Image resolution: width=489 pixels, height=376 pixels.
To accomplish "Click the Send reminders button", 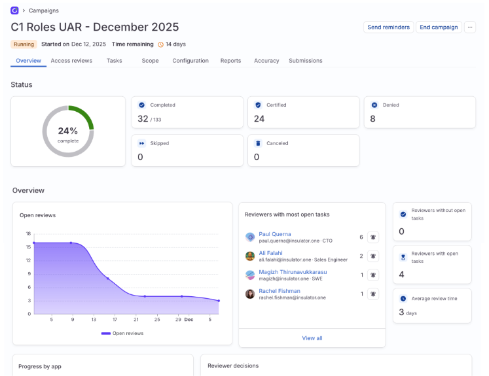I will (x=388, y=27).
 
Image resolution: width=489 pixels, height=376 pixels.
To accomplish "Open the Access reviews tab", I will (x=71, y=61).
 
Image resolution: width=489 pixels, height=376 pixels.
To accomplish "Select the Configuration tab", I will (x=190, y=61).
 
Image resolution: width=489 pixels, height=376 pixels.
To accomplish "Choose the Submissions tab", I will (x=306, y=61).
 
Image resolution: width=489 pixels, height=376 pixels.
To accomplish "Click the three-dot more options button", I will (x=471, y=27).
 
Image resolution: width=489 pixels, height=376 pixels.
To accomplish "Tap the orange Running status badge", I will (x=24, y=44).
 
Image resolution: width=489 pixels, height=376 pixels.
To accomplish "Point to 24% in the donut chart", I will (x=68, y=131).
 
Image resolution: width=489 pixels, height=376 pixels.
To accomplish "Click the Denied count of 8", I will (x=372, y=119).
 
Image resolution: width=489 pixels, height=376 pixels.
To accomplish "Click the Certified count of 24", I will (x=259, y=119).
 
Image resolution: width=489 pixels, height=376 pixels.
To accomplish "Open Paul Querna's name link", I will (x=275, y=234).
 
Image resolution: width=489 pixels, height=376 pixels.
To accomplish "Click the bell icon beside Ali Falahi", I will (x=373, y=256).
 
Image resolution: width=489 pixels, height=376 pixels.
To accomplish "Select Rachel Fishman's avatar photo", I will (x=250, y=294).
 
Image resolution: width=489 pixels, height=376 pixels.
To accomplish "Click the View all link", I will (x=312, y=338).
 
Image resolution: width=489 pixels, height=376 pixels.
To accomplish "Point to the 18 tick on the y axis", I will (x=28, y=233).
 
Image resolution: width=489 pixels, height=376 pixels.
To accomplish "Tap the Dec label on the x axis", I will (x=189, y=320).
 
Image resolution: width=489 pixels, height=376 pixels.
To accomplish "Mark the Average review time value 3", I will (x=401, y=313).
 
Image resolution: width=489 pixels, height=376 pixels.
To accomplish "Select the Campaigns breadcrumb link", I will (x=43, y=10).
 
